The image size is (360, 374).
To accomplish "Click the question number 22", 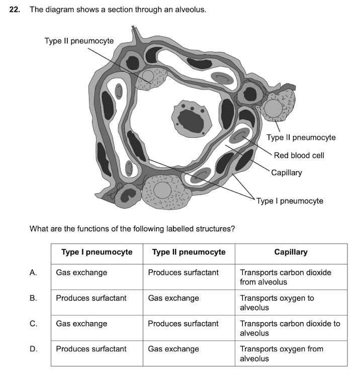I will point(15,9).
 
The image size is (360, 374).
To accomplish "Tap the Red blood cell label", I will point(299,155).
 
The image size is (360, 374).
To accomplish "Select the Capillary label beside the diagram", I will point(287,173).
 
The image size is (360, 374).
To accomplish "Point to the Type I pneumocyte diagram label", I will point(289,201).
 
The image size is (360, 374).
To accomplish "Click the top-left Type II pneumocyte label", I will point(78,41).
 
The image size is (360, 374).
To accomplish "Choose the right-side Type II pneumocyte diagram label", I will point(301,137).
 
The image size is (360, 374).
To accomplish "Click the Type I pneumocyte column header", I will point(97,252).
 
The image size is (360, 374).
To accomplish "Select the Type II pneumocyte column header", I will point(189,252).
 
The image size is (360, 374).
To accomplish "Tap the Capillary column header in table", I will point(291,252).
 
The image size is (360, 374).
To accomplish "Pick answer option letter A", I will point(34,272).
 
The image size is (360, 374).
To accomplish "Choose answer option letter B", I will point(34,298).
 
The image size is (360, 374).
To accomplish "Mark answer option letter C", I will point(34,324).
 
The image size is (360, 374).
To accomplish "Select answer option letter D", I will point(34,349).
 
